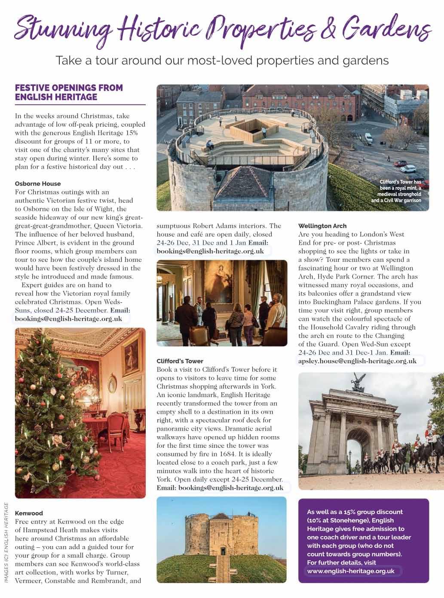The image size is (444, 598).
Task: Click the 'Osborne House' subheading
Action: point(38,184)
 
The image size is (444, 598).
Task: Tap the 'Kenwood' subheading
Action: point(29,513)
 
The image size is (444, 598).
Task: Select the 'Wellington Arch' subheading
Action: point(322,226)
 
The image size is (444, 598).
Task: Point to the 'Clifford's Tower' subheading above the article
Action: point(180,361)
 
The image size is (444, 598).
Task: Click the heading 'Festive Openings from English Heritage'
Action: point(69,92)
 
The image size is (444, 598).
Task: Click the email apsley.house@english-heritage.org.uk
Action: point(357,361)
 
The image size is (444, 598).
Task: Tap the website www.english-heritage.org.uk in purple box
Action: point(351,571)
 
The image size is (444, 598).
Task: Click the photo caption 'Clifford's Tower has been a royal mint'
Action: point(398,191)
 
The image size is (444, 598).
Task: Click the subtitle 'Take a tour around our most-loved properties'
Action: point(222,61)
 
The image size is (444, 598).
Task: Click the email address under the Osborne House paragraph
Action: point(68,319)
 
